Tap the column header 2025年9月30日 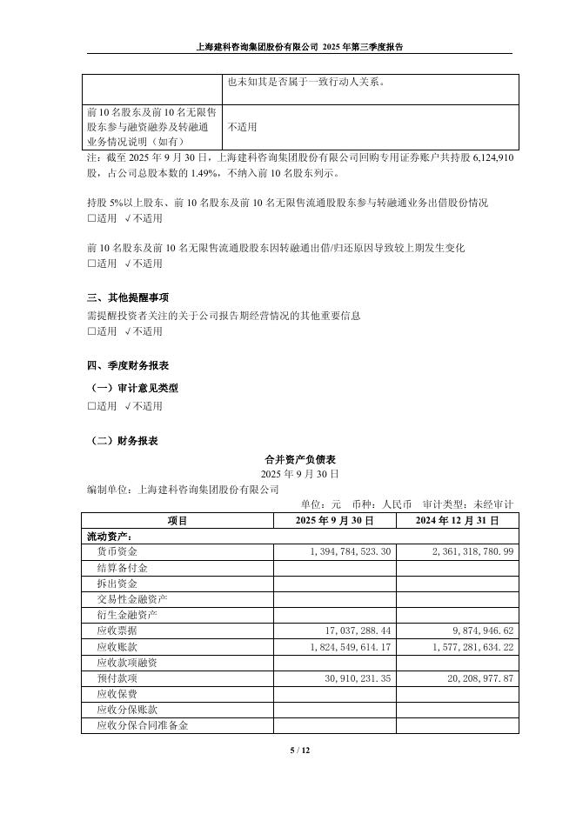coord(335,520)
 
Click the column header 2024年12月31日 coord(458,520)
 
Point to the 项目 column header coord(177,520)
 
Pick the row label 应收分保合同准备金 coord(143,725)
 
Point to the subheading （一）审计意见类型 coord(135,388)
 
